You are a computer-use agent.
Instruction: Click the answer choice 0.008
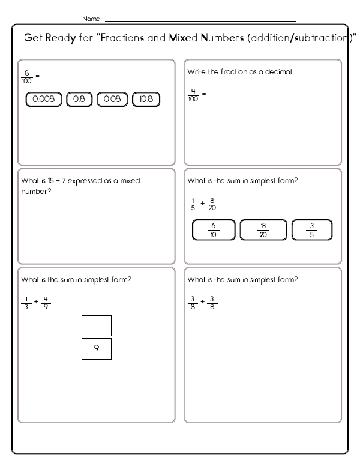[x=44, y=100]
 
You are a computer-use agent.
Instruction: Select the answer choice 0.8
[x=79, y=100]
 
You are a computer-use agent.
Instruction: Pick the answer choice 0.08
[x=112, y=100]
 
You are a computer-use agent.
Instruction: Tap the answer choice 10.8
[x=146, y=100]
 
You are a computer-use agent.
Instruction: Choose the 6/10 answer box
[x=213, y=230]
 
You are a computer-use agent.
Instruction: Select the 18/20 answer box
[x=262, y=230]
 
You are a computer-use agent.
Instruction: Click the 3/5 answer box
[x=311, y=230]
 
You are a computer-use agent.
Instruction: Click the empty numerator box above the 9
[x=97, y=326]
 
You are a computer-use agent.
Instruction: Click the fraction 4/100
[x=193, y=94]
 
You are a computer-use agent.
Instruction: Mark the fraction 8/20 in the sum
[x=212, y=204]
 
